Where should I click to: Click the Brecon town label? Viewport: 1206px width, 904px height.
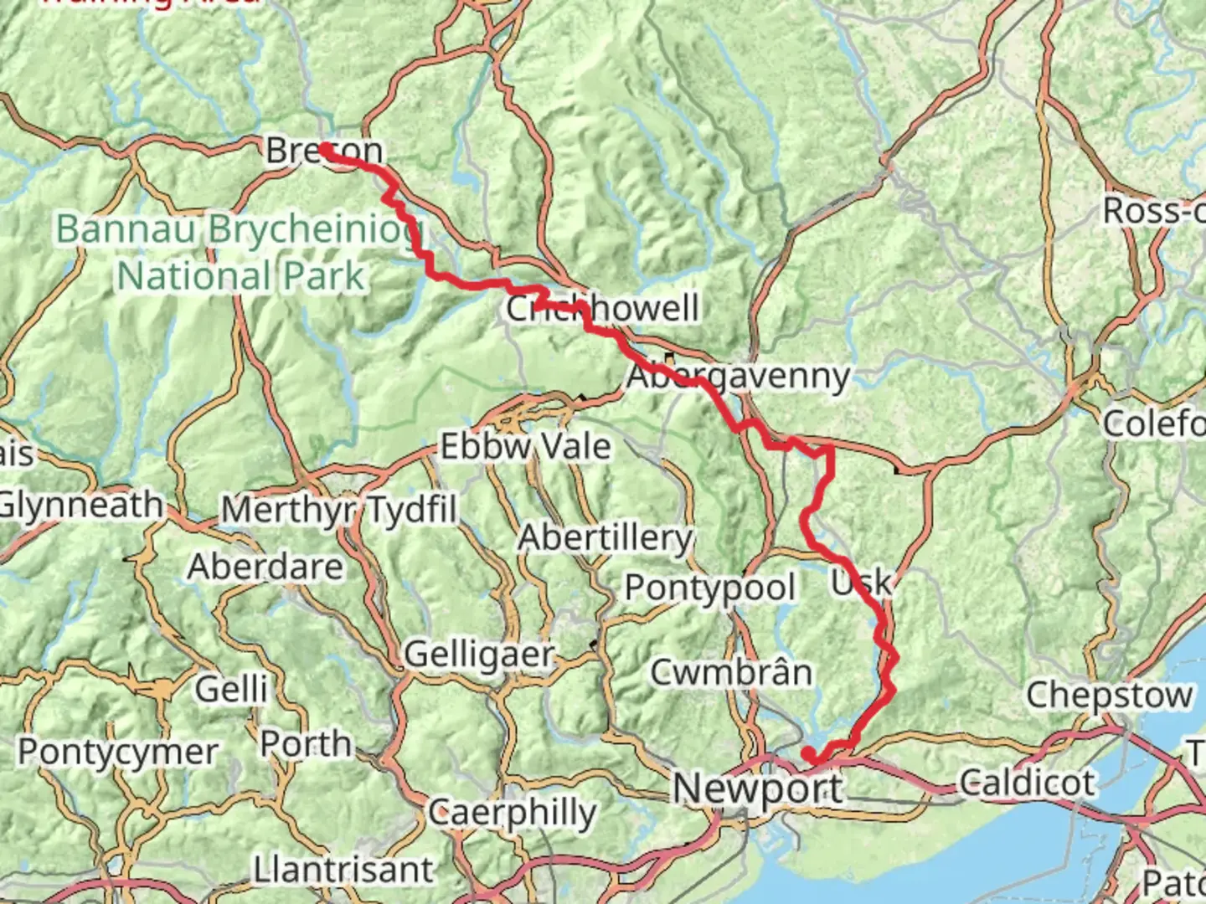point(324,151)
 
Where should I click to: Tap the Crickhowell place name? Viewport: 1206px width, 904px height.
point(602,308)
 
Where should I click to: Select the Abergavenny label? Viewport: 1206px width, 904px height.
point(738,376)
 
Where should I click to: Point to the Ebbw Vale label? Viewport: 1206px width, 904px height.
point(525,446)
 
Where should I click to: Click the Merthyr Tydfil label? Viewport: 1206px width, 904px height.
point(339,509)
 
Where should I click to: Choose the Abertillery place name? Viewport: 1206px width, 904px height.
point(605,537)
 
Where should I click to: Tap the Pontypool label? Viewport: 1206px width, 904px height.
point(710,588)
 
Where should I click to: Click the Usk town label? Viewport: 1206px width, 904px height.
point(860,581)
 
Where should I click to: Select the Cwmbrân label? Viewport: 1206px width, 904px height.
point(731,672)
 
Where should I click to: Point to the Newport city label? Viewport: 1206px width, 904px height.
point(758,788)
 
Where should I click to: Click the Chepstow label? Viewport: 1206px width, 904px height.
point(1109,695)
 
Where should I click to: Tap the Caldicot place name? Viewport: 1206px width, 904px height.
point(1027,783)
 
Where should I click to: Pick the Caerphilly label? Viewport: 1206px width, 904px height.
point(512,812)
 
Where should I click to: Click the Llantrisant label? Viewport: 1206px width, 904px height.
point(343,870)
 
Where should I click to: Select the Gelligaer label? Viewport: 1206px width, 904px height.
point(479,654)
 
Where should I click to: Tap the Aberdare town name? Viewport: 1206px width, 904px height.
point(265,567)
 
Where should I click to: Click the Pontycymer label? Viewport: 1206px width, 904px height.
point(118,752)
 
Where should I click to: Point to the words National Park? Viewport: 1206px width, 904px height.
point(241,275)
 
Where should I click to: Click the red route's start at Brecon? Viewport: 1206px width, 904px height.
point(323,149)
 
